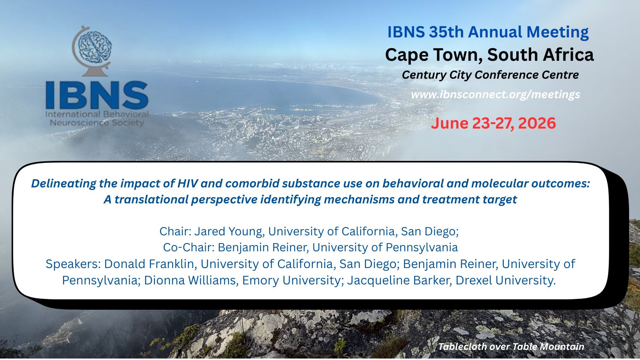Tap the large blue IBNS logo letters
coord(97,95)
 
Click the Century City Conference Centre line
coord(490,75)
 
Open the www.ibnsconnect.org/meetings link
coord(496,94)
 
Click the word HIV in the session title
coord(187,184)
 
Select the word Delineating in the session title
coord(64,184)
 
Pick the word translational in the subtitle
coord(151,199)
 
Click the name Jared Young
coord(228,231)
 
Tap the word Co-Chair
coord(188,247)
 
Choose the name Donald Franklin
coord(149,264)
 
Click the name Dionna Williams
coord(190,281)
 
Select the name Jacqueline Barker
coord(398,281)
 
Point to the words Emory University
coord(292,281)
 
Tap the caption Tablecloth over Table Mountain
coord(511,347)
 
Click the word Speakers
coord(73,264)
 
